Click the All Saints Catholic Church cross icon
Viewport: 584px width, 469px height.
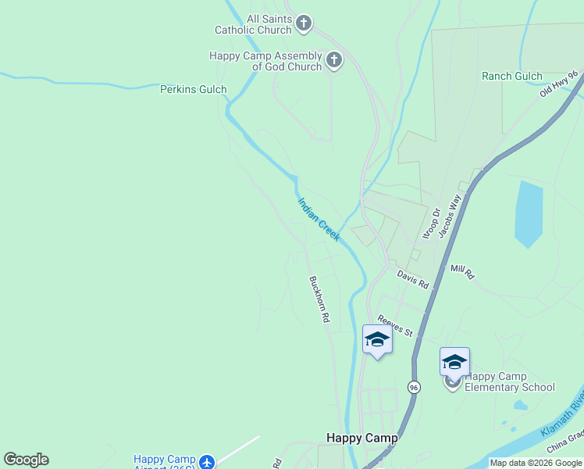pyautogui.click(x=303, y=23)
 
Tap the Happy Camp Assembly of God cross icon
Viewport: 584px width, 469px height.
pyautogui.click(x=333, y=60)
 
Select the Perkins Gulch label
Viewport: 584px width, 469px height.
pyautogui.click(x=194, y=89)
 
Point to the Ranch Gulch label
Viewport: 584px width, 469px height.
pyautogui.click(x=512, y=76)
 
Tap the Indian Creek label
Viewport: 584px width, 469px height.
pyautogui.click(x=319, y=220)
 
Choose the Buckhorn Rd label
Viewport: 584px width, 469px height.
pyautogui.click(x=319, y=299)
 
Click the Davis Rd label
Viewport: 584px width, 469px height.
pyautogui.click(x=413, y=279)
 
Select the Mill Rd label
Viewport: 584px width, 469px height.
pyautogui.click(x=462, y=271)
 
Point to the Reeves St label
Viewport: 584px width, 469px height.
pyautogui.click(x=394, y=325)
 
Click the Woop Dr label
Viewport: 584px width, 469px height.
pyautogui.click(x=432, y=222)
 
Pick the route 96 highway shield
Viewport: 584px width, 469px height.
pyautogui.click(x=414, y=387)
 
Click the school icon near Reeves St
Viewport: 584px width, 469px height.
pyautogui.click(x=377, y=339)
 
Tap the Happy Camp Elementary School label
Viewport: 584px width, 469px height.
pyautogui.click(x=510, y=382)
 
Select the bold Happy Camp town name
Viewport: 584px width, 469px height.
pyautogui.click(x=361, y=438)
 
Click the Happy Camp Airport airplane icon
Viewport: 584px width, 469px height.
pyautogui.click(x=207, y=463)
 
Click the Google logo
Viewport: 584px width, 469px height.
pyautogui.click(x=26, y=460)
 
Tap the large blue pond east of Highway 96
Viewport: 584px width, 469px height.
pyautogui.click(x=529, y=213)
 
